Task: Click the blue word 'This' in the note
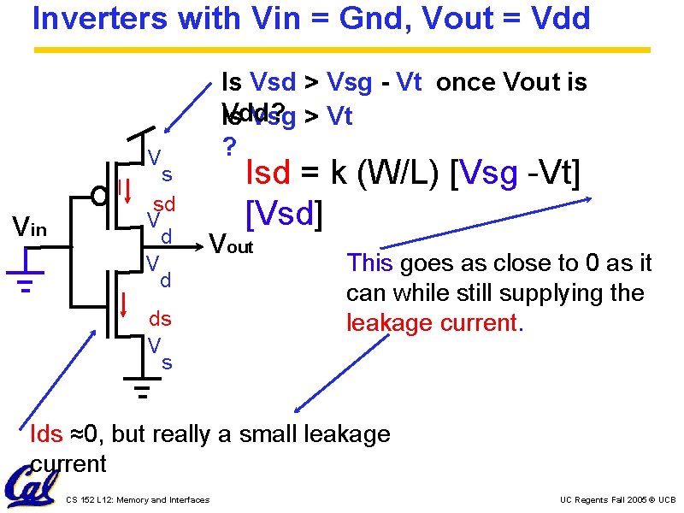point(369,263)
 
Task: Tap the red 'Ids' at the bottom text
point(45,434)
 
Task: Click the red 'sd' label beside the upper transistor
point(164,203)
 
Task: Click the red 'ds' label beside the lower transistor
point(161,319)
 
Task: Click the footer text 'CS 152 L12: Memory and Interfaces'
point(137,500)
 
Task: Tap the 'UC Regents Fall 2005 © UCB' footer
point(617,499)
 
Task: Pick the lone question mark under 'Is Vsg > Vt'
point(227,147)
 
